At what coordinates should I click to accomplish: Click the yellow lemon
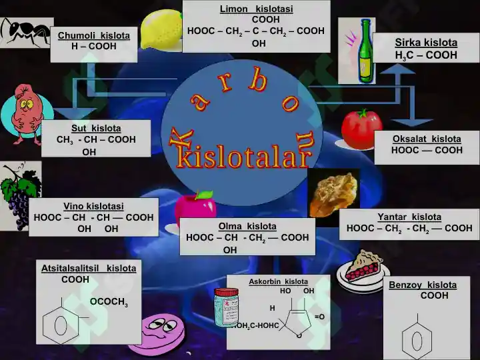(x=161, y=30)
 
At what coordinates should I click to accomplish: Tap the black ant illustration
(x=25, y=32)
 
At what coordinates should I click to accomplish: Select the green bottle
(x=365, y=51)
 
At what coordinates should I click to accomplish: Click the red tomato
(x=361, y=129)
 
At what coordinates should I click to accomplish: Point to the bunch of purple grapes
(x=20, y=195)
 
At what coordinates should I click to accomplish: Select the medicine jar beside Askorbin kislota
(x=226, y=307)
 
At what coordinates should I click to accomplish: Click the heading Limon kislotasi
(x=256, y=9)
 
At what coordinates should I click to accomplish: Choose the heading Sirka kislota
(x=426, y=42)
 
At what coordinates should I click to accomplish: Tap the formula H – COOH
(x=94, y=46)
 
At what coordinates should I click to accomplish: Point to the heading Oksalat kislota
(x=427, y=139)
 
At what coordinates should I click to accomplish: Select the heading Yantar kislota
(x=409, y=217)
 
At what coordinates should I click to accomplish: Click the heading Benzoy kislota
(x=423, y=285)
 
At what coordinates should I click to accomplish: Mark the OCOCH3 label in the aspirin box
(x=109, y=302)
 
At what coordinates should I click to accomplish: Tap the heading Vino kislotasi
(x=94, y=206)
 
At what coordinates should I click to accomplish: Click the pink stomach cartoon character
(x=27, y=114)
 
